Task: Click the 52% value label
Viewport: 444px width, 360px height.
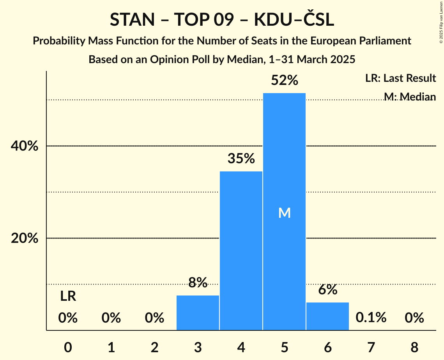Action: pyautogui.click(x=284, y=81)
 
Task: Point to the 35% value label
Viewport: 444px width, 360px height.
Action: pyautogui.click(x=241, y=159)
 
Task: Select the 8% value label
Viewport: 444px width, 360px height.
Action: pyautogui.click(x=198, y=282)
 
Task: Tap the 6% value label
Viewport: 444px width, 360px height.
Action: pyautogui.click(x=327, y=289)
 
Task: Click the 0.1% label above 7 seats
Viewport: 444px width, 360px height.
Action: pyautogui.click(x=371, y=318)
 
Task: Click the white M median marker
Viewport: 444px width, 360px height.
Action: pyautogui.click(x=284, y=213)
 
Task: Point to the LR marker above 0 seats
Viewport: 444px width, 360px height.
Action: pyautogui.click(x=68, y=296)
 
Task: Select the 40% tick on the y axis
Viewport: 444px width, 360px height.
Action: pyautogui.click(x=25, y=146)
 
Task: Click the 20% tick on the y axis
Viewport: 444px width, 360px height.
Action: pyautogui.click(x=25, y=238)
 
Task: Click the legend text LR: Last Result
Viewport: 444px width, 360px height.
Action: pyautogui.click(x=400, y=78)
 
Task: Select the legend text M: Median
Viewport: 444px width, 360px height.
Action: pyautogui.click(x=409, y=97)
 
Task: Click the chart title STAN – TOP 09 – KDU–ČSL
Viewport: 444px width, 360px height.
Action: pyautogui.click(x=222, y=20)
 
